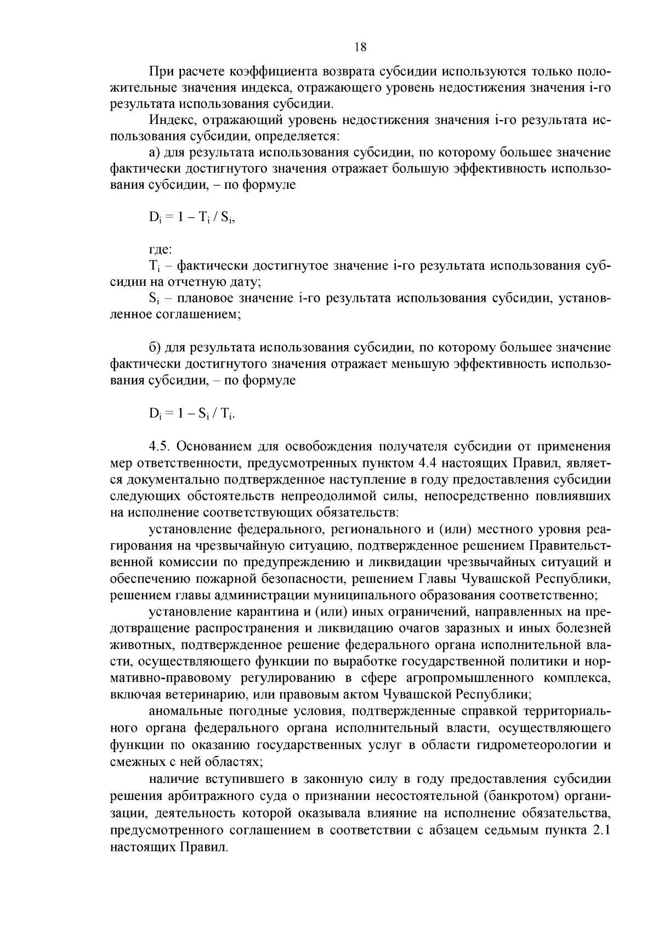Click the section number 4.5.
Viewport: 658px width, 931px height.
coord(160,447)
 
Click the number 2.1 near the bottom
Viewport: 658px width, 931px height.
coord(602,830)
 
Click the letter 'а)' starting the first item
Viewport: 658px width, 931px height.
coord(154,152)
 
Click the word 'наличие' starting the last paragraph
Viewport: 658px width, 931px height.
coord(173,780)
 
